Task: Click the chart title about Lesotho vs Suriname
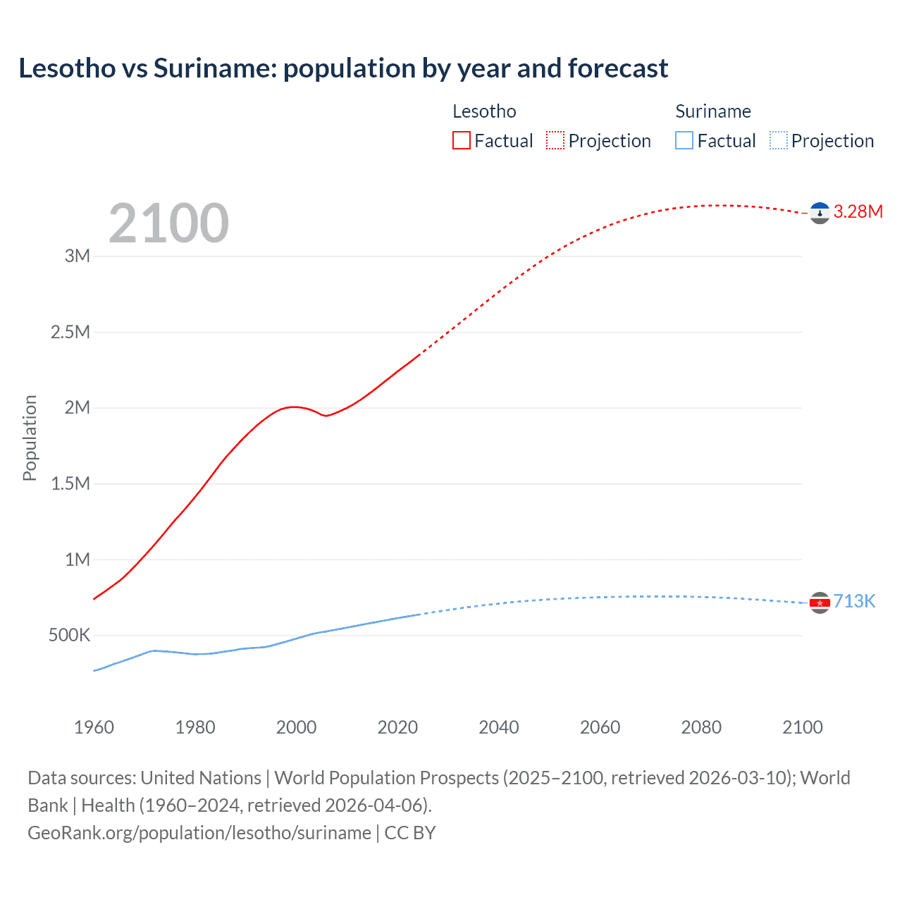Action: coord(343,68)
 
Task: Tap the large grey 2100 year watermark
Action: coord(168,223)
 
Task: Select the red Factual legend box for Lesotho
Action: coord(461,141)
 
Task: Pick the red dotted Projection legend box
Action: coord(555,141)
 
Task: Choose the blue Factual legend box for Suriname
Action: coord(684,141)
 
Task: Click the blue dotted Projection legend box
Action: coord(778,141)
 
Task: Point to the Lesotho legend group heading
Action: coord(484,111)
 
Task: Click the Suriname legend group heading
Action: coord(713,111)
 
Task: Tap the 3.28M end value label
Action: coord(858,212)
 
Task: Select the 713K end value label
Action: coord(854,601)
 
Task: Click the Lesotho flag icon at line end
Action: coord(820,213)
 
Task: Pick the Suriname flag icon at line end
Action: coord(820,603)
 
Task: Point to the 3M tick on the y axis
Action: coord(78,256)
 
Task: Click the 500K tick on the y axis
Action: coord(69,636)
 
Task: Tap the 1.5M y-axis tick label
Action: coord(70,483)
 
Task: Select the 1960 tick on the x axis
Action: coord(94,727)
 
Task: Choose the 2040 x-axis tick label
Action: coord(499,727)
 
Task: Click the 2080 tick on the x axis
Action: coord(701,727)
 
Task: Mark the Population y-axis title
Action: coord(30,438)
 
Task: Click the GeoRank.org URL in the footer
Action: coord(199,833)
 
